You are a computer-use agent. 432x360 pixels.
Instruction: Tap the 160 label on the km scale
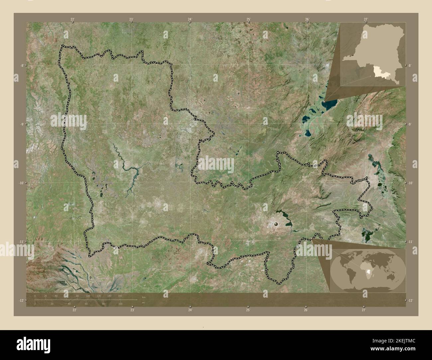tap(120, 296)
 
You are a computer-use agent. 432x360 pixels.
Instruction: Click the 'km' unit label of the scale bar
tap(144, 297)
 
